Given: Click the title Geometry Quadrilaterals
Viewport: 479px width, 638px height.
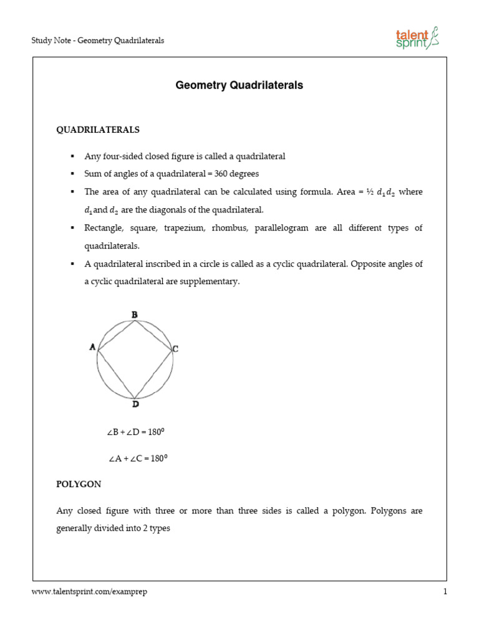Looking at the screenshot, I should pyautogui.click(x=239, y=85).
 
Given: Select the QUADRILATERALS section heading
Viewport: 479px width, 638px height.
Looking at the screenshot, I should pyautogui.click(x=98, y=130).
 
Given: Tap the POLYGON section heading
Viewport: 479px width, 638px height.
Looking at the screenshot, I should pyautogui.click(x=79, y=483).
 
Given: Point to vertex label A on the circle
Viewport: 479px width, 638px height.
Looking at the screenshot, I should pyautogui.click(x=92, y=348).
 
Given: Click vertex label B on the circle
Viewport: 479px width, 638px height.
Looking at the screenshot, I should pyautogui.click(x=134, y=315).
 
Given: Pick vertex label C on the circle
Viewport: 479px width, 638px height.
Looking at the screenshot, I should pyautogui.click(x=176, y=350).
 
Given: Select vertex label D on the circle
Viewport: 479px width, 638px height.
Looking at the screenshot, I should pyautogui.click(x=135, y=404).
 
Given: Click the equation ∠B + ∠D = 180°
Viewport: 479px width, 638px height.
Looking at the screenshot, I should pyautogui.click(x=135, y=431).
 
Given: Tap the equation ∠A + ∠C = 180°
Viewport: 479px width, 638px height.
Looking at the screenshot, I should pyautogui.click(x=138, y=459).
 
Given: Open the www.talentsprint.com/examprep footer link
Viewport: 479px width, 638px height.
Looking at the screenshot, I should pyautogui.click(x=89, y=592).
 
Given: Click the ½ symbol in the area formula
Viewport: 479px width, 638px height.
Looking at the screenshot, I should pyautogui.click(x=369, y=192).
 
